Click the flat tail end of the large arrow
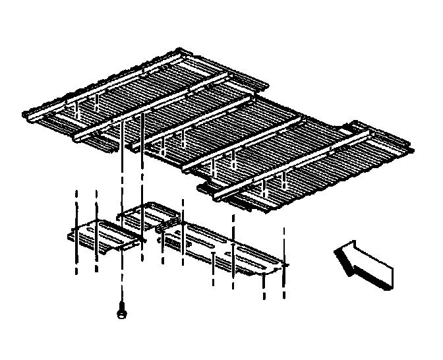[x=385, y=277]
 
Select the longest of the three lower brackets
[x=224, y=247]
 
